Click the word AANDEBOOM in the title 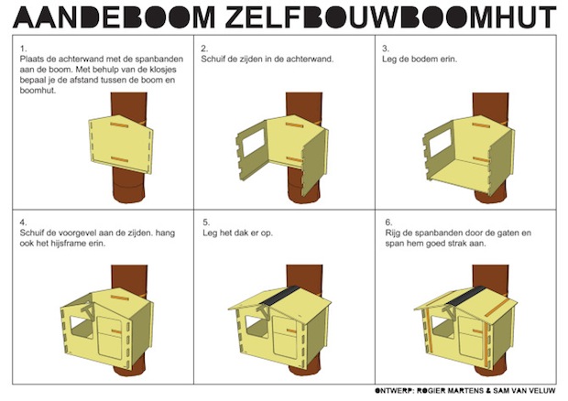(115, 17)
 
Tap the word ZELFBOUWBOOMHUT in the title (390, 17)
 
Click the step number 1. (24, 49)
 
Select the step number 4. (24, 222)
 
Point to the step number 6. (388, 222)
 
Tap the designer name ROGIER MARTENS (450, 391)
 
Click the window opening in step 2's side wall (255, 142)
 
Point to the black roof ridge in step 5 (279, 296)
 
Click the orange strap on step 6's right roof (497, 308)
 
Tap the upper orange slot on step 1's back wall (120, 125)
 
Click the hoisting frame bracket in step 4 (86, 309)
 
